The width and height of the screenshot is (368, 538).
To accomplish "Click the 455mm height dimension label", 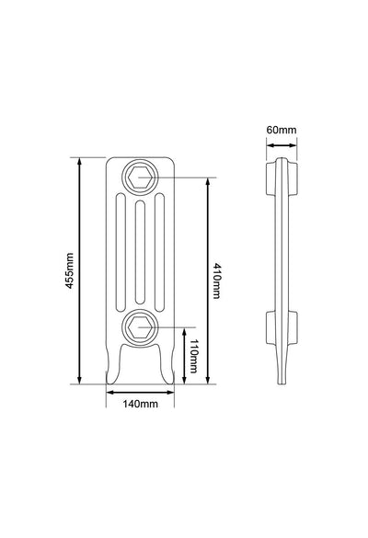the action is (x=70, y=270).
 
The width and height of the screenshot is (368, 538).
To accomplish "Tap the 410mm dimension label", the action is (x=216, y=281).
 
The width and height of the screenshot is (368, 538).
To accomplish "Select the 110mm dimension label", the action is (x=193, y=356).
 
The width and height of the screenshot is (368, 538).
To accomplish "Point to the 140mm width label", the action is (x=141, y=404).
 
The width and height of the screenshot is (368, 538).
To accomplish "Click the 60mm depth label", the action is (x=282, y=130).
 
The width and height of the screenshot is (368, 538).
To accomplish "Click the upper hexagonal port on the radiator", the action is (x=140, y=177).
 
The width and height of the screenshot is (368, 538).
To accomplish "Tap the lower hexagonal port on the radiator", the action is (x=140, y=327).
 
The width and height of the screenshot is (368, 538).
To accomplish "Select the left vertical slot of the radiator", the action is (x=121, y=253).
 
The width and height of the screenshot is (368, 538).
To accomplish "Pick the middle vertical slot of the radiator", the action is (x=140, y=252).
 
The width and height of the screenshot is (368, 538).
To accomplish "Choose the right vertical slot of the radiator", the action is (x=159, y=253).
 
